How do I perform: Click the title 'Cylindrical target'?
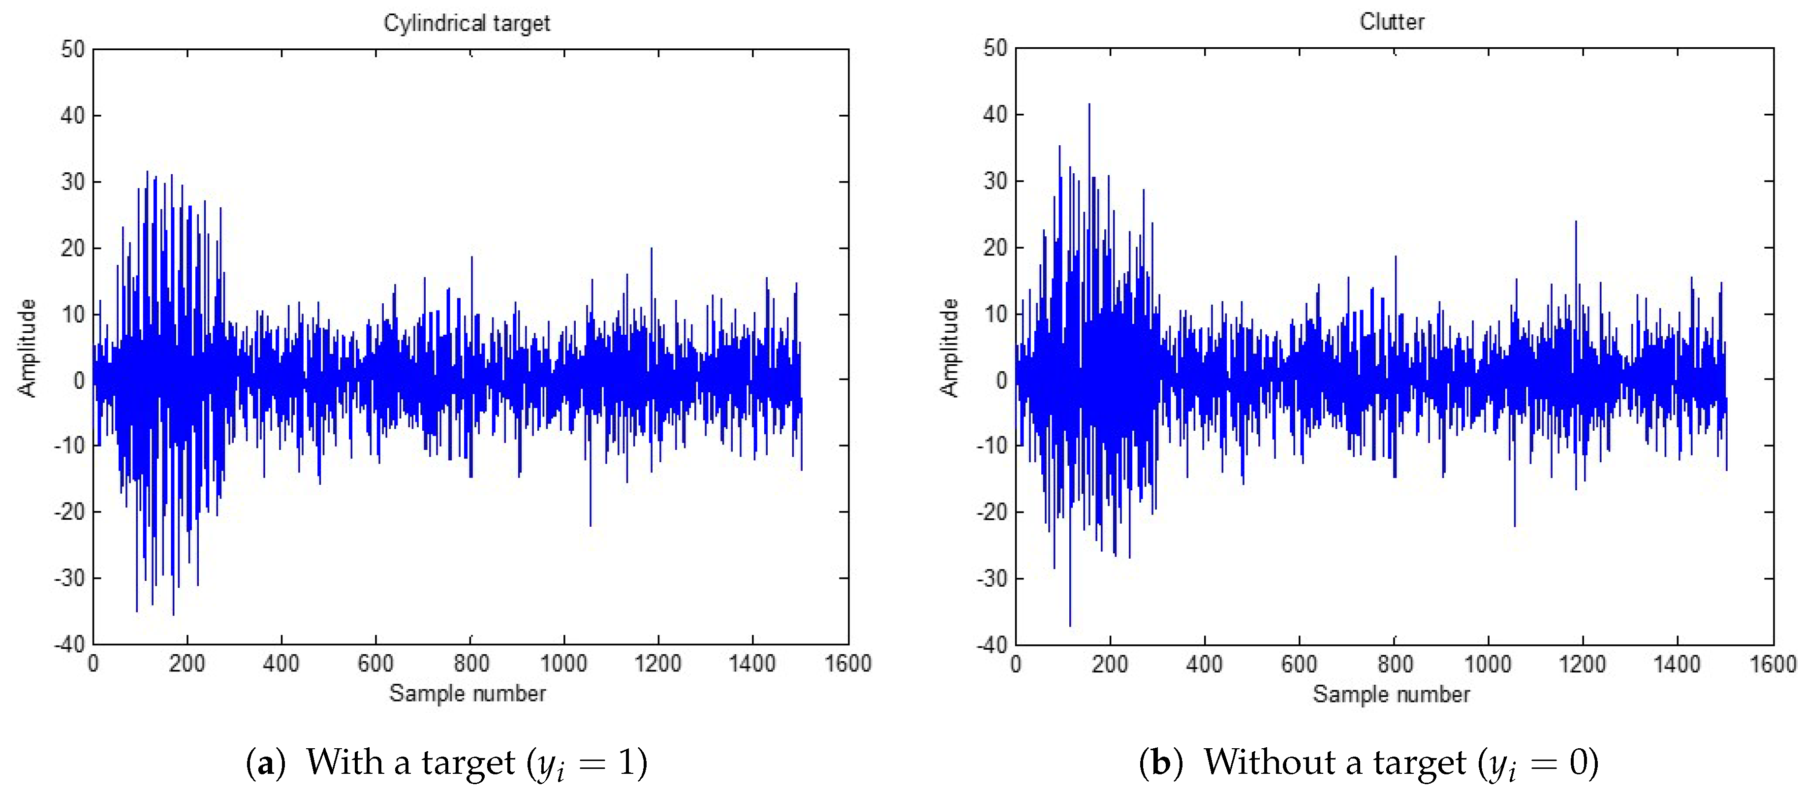coord(467,23)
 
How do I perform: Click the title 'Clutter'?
coord(1392,22)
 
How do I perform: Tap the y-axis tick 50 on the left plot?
coord(72,49)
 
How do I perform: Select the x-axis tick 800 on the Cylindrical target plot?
coord(470,663)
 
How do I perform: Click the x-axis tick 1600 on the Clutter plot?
coord(1773,663)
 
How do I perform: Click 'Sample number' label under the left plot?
coord(467,694)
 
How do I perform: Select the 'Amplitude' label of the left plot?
coord(27,348)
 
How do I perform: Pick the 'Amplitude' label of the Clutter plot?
coord(949,348)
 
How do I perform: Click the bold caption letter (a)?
coord(265,763)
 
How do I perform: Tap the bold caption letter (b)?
coord(1160,763)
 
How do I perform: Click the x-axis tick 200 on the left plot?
coord(187,663)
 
